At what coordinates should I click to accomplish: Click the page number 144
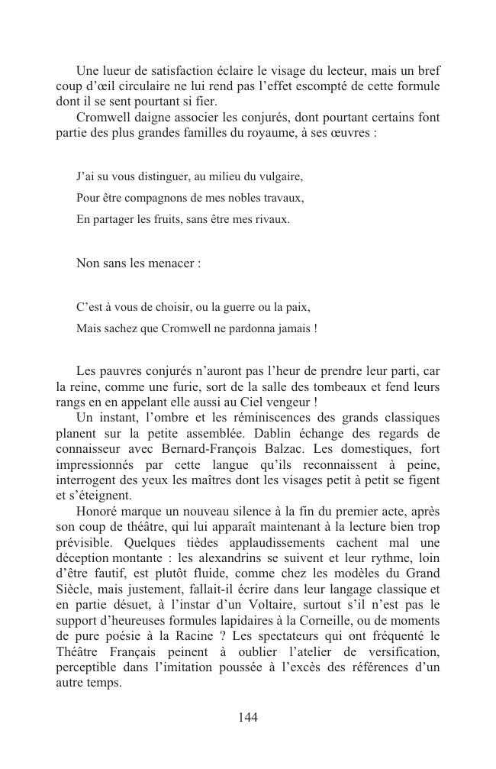tap(248, 717)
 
